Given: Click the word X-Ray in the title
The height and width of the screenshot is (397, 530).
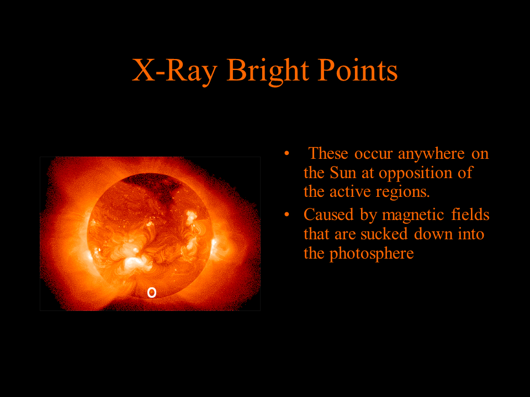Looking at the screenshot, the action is [174, 70].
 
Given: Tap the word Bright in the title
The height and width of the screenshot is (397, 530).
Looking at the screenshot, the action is [268, 71].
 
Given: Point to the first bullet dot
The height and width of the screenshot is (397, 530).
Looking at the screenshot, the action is [287, 154].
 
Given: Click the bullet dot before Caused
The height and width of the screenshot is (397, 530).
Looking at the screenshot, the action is [287, 214].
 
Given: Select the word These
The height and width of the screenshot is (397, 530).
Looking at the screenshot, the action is [328, 153].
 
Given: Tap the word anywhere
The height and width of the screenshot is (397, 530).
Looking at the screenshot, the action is [431, 154].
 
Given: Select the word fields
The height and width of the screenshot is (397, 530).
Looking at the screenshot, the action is [470, 214].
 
